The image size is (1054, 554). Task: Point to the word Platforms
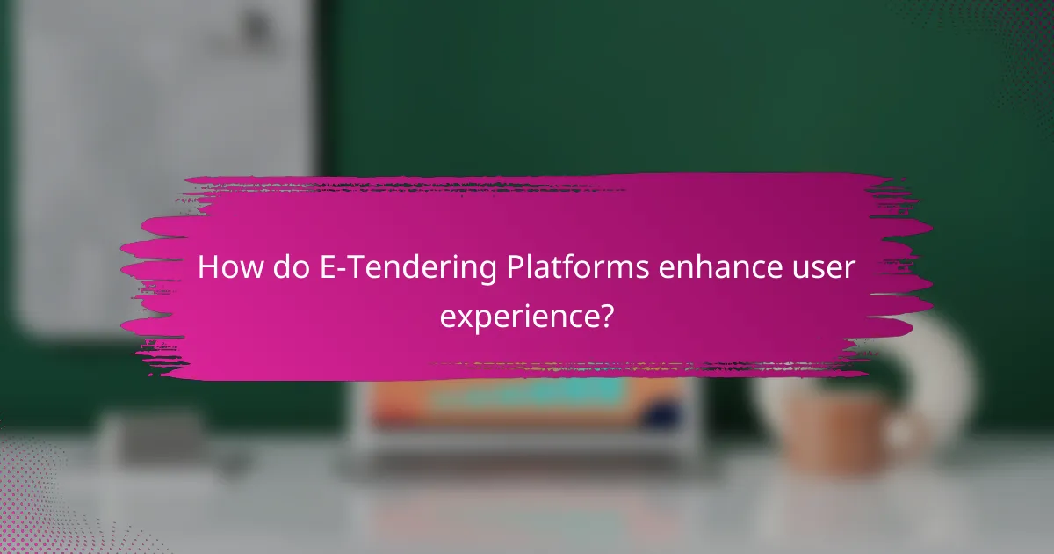(x=580, y=267)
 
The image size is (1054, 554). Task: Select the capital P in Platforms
(x=516, y=267)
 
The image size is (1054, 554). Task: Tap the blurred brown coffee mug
(x=848, y=431)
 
